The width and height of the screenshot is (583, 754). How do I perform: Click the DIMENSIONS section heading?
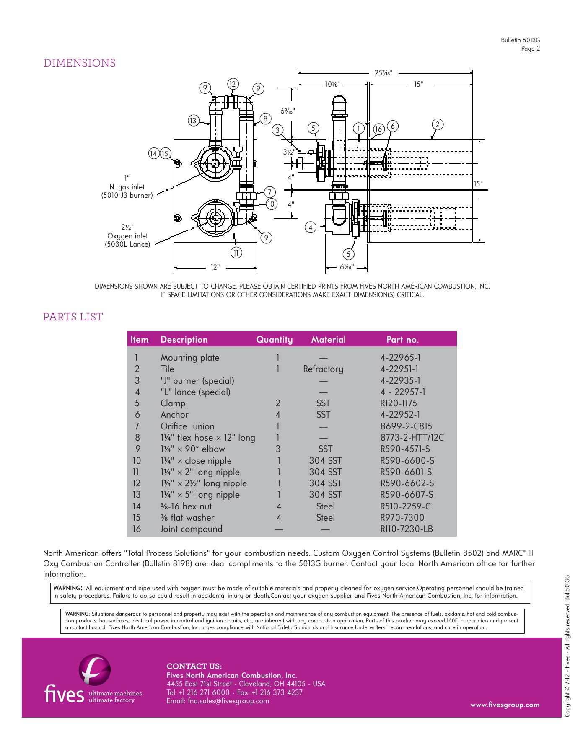pos(80,63)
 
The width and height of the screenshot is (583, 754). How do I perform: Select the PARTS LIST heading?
pos(73,317)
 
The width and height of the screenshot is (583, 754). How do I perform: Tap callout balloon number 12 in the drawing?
pos(233,84)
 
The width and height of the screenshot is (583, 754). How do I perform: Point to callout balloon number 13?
pos(193,121)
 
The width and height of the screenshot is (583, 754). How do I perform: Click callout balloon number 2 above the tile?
pos(437,124)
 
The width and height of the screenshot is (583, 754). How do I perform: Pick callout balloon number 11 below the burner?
pos(236,253)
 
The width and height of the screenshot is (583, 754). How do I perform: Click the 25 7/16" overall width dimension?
pos(383,73)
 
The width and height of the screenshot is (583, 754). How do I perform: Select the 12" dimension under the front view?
pos(215,267)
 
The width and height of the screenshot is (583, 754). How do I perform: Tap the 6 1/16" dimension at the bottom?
pos(347,267)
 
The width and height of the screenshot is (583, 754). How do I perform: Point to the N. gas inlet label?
pos(127,187)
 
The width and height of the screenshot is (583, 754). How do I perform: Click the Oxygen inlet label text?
pos(127,236)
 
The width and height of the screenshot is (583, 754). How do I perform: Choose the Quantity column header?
pos(275,340)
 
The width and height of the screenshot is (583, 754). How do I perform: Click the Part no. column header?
pos(402,340)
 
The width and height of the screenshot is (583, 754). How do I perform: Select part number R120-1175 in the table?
pos(399,403)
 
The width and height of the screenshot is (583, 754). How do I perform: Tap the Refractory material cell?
pos(323,369)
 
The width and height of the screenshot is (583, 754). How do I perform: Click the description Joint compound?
pos(192,529)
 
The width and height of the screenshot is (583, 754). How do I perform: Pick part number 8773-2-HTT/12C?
pos(412,438)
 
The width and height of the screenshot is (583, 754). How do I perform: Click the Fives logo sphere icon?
pos(95,670)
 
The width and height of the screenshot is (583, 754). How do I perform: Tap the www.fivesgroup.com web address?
pos(505,705)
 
